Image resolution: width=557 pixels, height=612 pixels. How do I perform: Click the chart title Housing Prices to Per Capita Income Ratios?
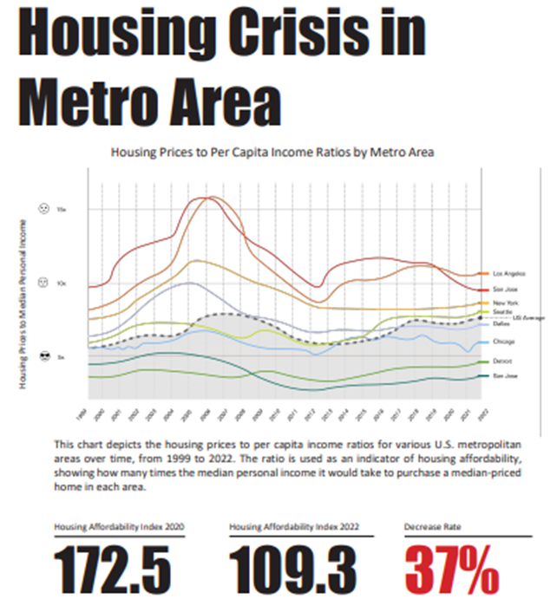[x=272, y=152]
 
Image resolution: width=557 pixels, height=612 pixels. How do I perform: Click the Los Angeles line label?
[x=505, y=274]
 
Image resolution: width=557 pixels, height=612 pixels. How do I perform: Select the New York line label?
[x=505, y=302]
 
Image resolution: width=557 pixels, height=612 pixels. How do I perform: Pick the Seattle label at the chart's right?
[x=502, y=310]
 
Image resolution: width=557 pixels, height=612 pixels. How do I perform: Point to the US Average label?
[x=528, y=317]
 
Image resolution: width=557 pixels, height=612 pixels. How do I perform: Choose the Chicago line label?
[x=503, y=342]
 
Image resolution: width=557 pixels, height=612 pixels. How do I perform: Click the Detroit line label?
[x=502, y=361]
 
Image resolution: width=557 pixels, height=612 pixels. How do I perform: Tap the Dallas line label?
[x=501, y=323]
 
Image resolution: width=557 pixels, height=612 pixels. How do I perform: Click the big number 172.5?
[x=113, y=569]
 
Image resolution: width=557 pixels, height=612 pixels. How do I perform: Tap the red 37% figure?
[x=451, y=569]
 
